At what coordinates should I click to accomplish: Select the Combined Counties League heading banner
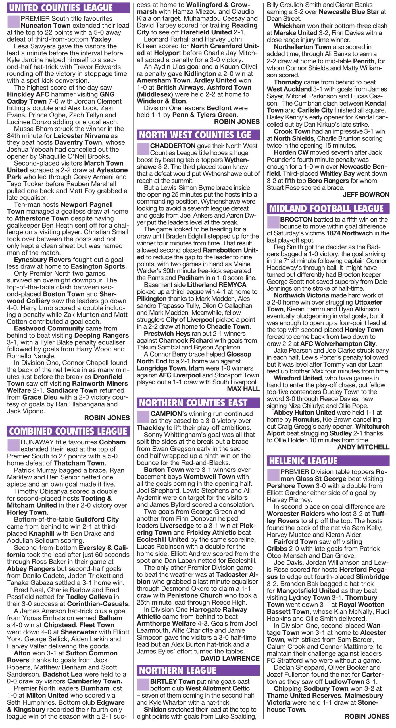68,431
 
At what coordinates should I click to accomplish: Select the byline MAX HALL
243,389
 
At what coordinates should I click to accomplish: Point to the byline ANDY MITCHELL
363,447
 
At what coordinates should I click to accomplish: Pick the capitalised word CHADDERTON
173,146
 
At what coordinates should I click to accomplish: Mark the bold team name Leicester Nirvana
81,136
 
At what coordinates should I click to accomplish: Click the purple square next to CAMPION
143,417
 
